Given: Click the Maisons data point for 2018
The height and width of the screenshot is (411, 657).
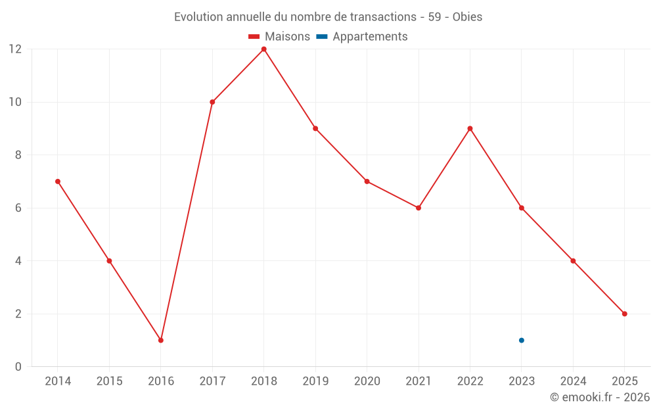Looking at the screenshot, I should pyautogui.click(x=263, y=49).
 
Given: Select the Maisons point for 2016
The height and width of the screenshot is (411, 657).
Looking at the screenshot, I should pyautogui.click(x=161, y=340).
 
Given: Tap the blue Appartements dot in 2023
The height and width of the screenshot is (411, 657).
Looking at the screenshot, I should pyautogui.click(x=522, y=340).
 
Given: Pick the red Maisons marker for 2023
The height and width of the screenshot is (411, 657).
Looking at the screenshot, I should pyautogui.click(x=522, y=208).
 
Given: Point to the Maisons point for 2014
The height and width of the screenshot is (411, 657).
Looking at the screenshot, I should pyautogui.click(x=58, y=181).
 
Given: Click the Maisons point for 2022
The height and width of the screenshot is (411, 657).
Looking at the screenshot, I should pyautogui.click(x=470, y=128).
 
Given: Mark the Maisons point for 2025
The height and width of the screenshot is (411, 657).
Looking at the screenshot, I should pyautogui.click(x=625, y=314).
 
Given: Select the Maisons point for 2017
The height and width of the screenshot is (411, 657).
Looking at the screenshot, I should pyautogui.click(x=212, y=102).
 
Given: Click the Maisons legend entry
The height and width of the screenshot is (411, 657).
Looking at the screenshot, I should pyautogui.click(x=279, y=37).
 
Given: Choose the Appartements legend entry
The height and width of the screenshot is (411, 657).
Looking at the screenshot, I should pyautogui.click(x=363, y=37).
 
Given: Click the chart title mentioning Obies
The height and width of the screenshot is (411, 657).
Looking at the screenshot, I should pyautogui.click(x=328, y=17).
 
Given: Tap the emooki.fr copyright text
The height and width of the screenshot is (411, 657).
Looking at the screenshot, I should pyautogui.click(x=599, y=397).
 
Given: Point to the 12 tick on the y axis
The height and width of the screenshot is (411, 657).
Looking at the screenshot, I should pyautogui.click(x=14, y=49).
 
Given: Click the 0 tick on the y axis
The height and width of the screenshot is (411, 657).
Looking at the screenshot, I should pyautogui.click(x=18, y=366).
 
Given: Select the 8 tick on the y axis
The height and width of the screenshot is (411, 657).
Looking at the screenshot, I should pyautogui.click(x=18, y=155).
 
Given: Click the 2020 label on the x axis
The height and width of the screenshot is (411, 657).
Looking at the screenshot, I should pyautogui.click(x=367, y=381).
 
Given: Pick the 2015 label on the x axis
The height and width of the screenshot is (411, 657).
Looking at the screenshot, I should pyautogui.click(x=109, y=381).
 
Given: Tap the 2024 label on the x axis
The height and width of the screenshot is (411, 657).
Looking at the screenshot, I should pyautogui.click(x=573, y=381).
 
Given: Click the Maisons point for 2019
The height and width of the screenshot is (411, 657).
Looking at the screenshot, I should pyautogui.click(x=315, y=128).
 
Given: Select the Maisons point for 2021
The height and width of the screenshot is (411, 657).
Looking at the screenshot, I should pyautogui.click(x=419, y=208).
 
